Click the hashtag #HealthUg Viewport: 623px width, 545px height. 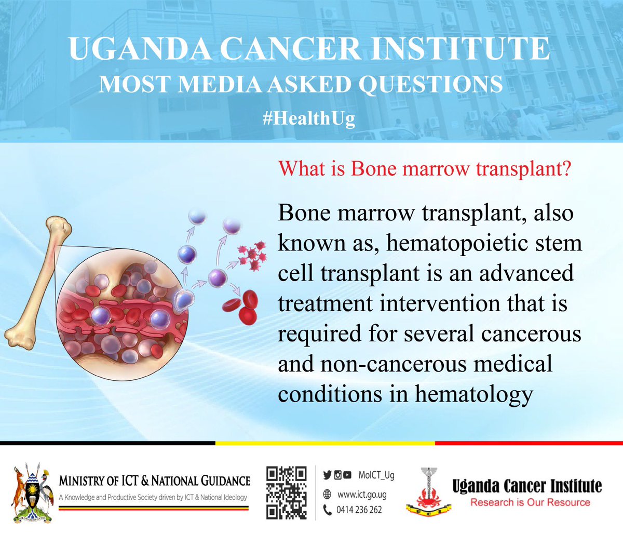[309, 118]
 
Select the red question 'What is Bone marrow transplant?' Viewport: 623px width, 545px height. [425, 168]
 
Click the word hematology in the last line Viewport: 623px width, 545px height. [473, 394]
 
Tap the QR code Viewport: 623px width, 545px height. [286, 493]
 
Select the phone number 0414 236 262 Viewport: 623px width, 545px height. [359, 510]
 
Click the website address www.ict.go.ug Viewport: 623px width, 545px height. [362, 495]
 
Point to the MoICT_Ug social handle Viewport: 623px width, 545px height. [376, 475]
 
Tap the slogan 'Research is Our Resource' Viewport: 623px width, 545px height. [530, 502]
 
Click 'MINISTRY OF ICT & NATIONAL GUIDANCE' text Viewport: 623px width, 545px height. [154, 481]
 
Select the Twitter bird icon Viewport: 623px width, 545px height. [327, 475]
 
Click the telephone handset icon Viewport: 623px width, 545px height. [327, 510]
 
